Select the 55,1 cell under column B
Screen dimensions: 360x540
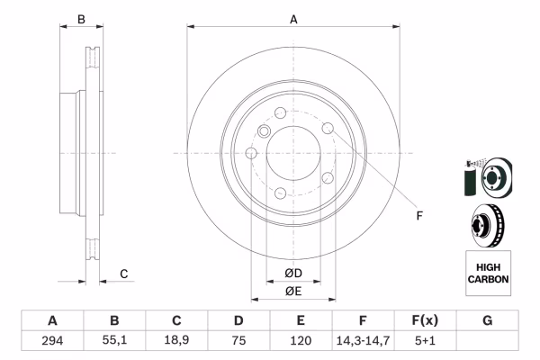(x=114, y=342)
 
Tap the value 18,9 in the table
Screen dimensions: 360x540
(x=176, y=342)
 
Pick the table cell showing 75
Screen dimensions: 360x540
(x=238, y=342)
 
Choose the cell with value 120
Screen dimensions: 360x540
(x=301, y=342)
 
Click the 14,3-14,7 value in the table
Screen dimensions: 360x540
(x=363, y=342)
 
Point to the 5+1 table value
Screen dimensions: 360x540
(x=425, y=342)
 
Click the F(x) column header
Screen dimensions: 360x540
(x=425, y=320)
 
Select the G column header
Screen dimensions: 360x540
(x=487, y=320)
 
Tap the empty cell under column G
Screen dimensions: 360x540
(x=487, y=342)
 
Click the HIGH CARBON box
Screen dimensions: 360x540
(x=488, y=274)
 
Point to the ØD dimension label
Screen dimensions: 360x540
(x=293, y=273)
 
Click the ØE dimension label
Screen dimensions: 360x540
(x=293, y=291)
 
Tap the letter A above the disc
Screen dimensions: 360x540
(x=293, y=19)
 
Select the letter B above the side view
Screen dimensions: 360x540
(x=80, y=19)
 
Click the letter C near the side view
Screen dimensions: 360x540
(x=124, y=274)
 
